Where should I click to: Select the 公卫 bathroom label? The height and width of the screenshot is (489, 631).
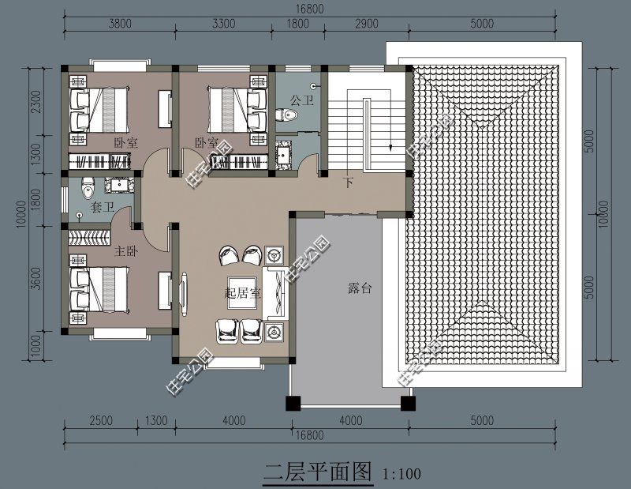coord(301,100)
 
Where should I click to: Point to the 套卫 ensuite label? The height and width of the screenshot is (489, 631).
coord(103,207)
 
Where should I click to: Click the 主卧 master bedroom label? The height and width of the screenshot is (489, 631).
coord(126,251)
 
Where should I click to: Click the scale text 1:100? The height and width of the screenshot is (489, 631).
coord(401,474)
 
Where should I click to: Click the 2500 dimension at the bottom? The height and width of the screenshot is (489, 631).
coord(100,420)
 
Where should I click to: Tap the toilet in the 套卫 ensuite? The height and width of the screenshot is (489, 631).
coord(88,188)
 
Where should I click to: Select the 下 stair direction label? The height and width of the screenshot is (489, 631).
coord(348,183)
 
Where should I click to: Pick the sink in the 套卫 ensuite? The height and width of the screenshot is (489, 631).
coord(121,186)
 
